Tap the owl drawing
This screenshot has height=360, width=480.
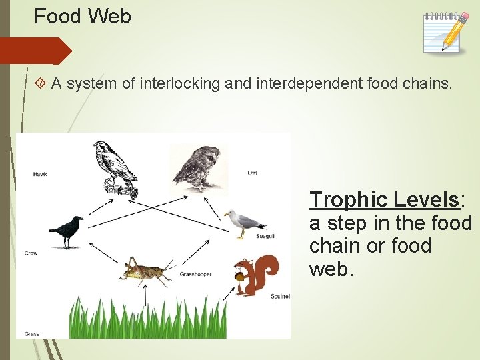point(195,167)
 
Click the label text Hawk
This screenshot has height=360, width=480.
point(40,174)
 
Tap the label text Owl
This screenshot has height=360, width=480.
point(252,173)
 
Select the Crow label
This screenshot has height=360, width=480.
point(31,253)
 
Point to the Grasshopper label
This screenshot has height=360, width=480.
point(195,275)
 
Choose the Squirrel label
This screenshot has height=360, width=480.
point(279,297)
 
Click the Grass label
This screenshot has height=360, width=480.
point(31,333)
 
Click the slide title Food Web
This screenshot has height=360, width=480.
point(83,16)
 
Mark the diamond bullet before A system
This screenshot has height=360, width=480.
point(41,83)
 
